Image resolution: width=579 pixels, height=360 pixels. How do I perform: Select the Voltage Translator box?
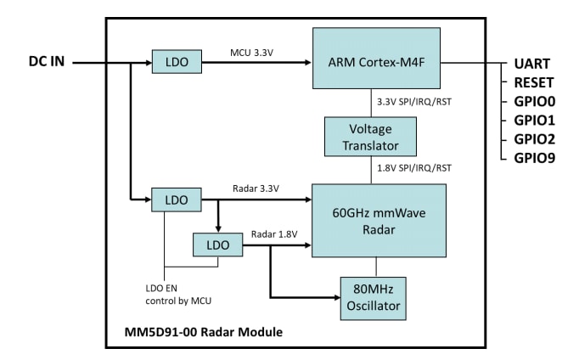point(370,137)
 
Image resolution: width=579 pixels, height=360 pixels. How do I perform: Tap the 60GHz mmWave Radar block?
point(378,219)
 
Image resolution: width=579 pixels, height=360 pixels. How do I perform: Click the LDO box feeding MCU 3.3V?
point(177,62)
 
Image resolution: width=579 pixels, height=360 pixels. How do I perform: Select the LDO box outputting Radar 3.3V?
point(177,200)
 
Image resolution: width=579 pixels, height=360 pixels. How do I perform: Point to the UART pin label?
point(532,64)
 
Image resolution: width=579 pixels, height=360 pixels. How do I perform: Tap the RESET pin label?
point(534,82)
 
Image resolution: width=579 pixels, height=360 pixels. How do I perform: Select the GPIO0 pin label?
point(534,101)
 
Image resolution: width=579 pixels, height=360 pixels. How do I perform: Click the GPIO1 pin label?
point(534,120)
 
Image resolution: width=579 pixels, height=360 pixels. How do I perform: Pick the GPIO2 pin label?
point(534,138)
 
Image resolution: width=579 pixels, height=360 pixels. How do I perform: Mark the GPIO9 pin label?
point(534,157)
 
